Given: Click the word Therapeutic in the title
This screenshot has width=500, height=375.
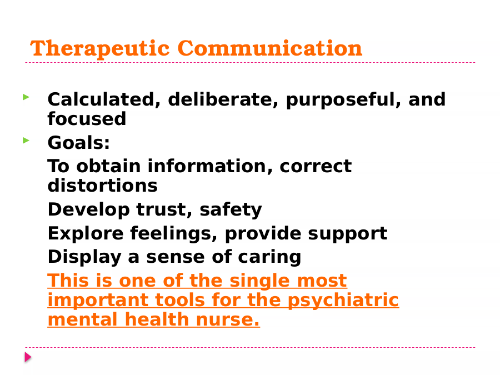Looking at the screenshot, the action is click(100, 48).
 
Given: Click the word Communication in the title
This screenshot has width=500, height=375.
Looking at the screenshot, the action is click(270, 48).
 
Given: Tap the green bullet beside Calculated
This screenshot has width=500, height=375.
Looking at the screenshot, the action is click(26, 97).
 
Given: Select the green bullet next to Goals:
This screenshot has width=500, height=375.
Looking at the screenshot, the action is click(26, 141).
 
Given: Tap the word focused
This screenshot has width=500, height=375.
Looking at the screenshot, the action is click(87, 119).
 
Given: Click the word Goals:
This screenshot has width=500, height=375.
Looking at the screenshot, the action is click(79, 143).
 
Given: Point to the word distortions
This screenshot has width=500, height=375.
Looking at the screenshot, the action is click(103, 186).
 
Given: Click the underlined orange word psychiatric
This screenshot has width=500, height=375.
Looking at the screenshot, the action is click(343, 301).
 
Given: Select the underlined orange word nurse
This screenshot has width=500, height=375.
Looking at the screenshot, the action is click(228, 320).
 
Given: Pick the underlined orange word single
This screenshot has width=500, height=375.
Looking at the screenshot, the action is click(259, 282).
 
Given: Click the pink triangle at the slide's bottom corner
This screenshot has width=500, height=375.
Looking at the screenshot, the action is click(28, 357).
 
